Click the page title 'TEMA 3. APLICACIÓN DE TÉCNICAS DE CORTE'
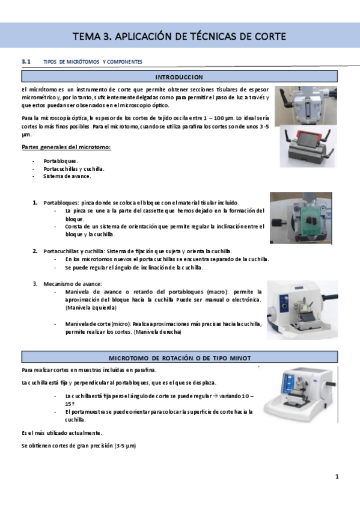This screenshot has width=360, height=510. point(179,36)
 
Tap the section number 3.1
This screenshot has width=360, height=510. point(26,61)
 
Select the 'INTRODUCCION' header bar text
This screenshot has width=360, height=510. point(179,77)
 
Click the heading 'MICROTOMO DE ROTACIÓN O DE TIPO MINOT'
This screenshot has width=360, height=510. point(179,358)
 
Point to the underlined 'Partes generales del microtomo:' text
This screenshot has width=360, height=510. point(66,147)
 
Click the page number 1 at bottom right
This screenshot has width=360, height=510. point(337,477)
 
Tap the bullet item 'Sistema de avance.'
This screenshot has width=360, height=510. point(67,177)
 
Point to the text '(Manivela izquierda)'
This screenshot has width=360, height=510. point(91,307)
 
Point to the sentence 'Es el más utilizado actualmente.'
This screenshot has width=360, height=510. point(61,432)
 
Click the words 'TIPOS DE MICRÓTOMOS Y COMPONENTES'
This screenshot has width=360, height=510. point(93,62)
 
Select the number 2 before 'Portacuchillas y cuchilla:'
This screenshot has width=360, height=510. point(35,251)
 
